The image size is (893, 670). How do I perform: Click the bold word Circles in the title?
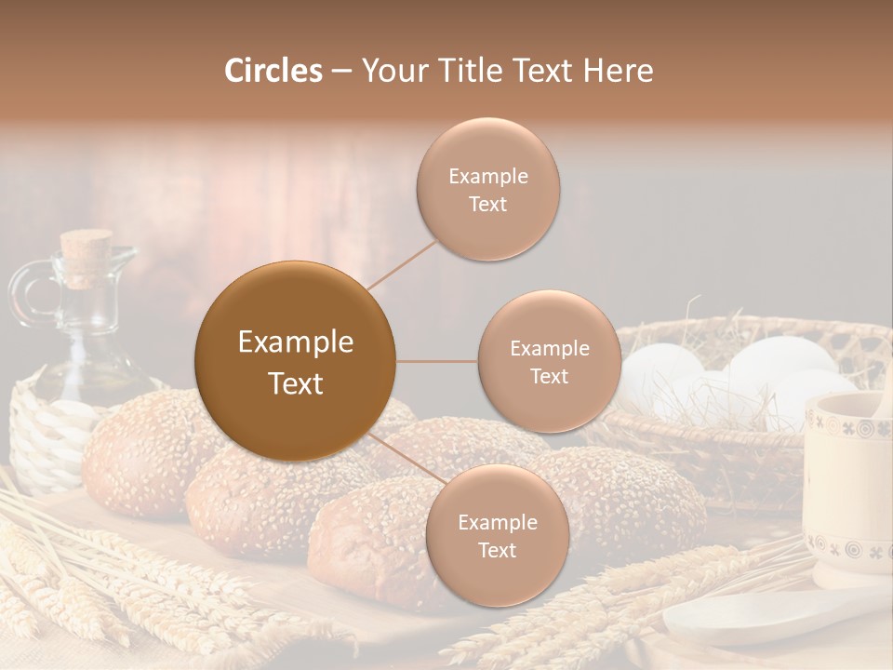[x=273, y=71]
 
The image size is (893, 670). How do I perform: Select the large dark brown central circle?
[x=295, y=361]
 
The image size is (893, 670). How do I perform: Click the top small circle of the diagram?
[x=487, y=189]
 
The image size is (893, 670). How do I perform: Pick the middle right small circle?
[x=549, y=361]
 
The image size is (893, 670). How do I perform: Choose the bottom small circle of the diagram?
[x=497, y=535]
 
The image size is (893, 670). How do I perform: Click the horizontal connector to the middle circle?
[x=437, y=361]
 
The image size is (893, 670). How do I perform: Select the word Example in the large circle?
[x=295, y=342]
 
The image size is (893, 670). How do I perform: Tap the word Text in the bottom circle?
[x=497, y=550]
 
